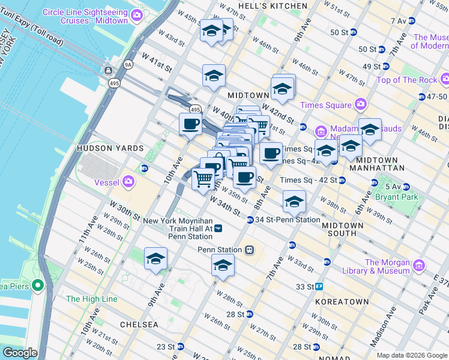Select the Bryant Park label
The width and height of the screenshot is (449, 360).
tap(396, 196)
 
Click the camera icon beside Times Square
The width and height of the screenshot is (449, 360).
tap(360, 105)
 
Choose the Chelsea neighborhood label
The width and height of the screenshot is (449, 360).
tap(139, 324)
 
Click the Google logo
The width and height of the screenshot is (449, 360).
tap(20, 353)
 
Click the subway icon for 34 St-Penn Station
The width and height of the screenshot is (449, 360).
tap(250, 220)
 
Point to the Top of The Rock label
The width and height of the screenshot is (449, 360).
tap(406, 80)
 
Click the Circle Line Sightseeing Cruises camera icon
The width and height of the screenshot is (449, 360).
tap(137, 14)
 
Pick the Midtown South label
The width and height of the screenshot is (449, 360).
tap(342, 230)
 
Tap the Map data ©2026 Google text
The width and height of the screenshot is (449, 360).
tap(412, 355)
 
